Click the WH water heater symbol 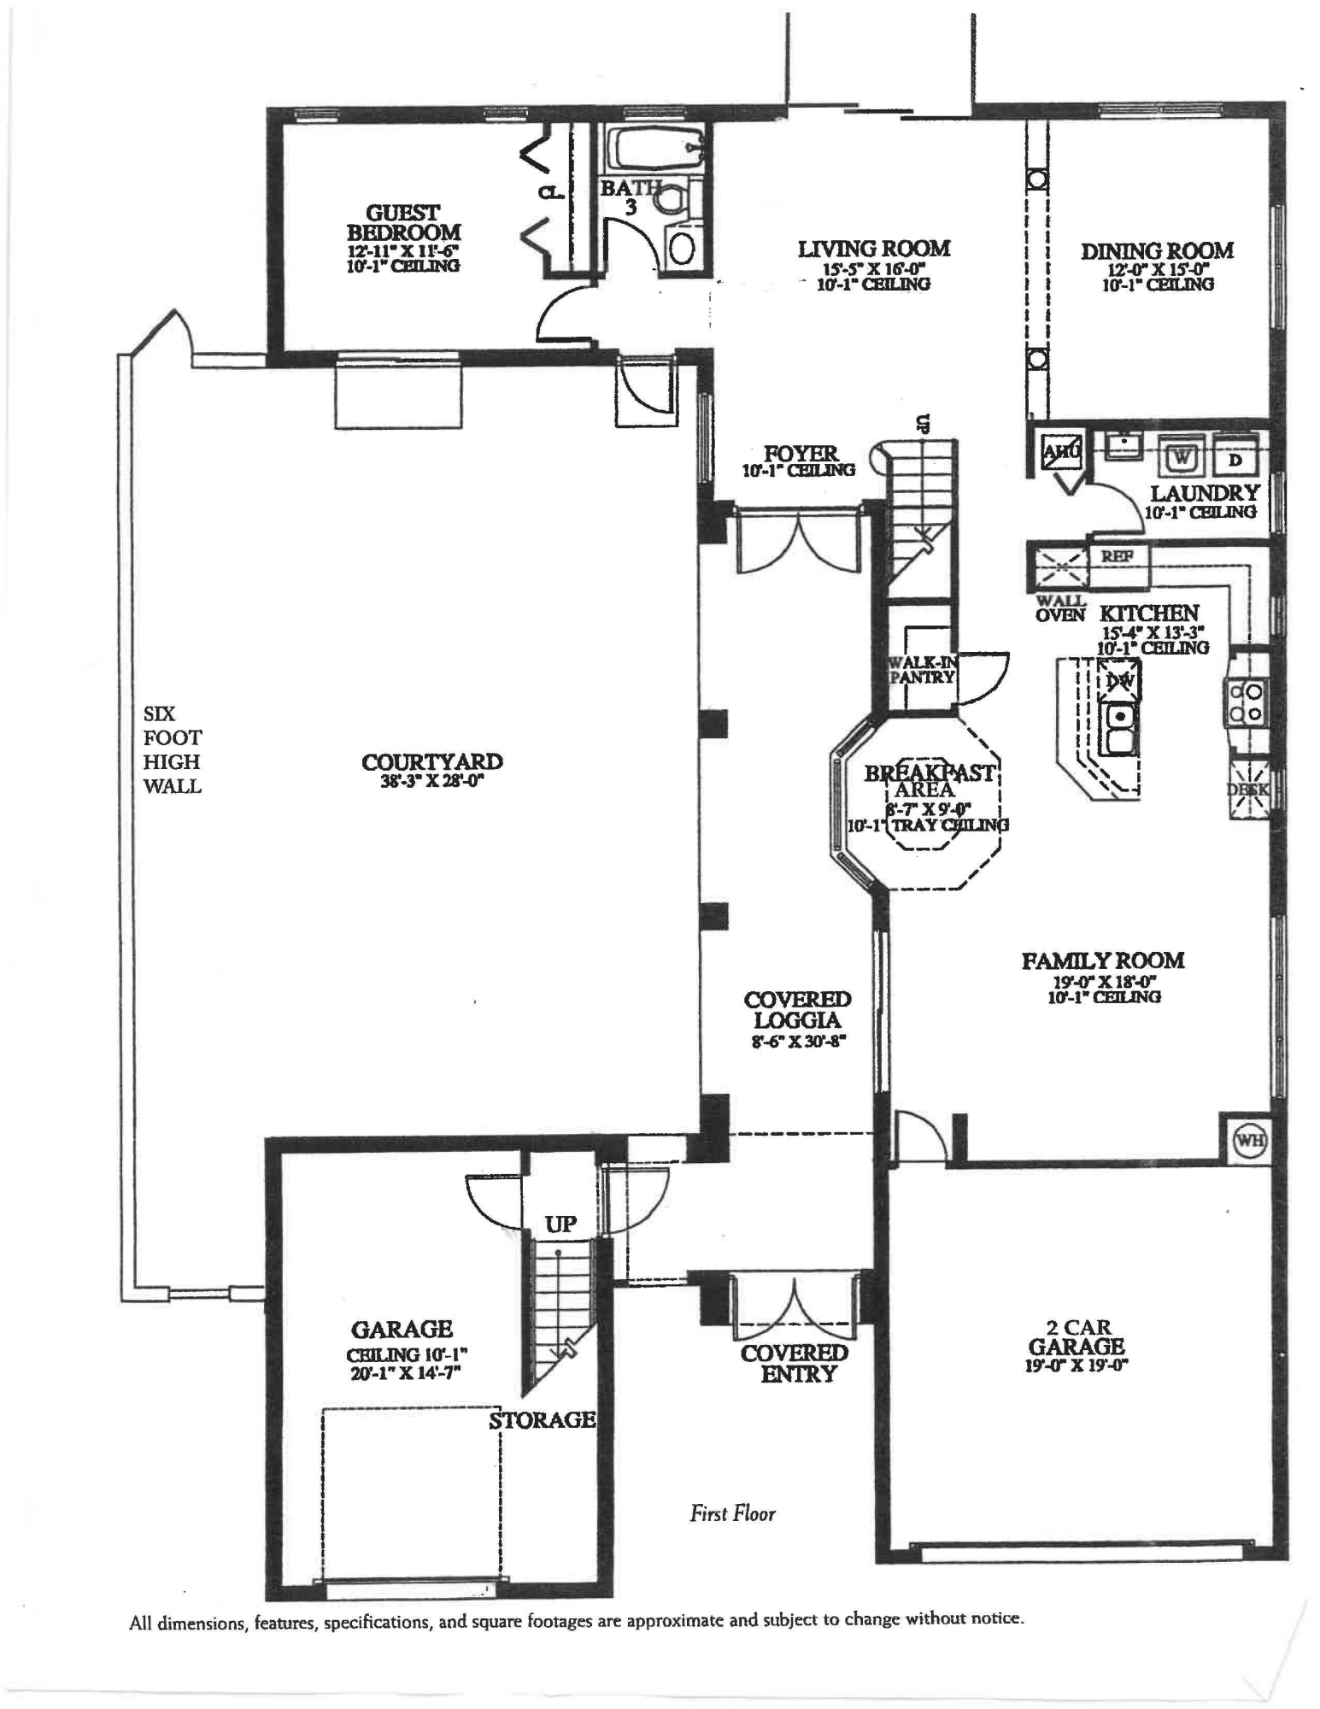pos(1250,1140)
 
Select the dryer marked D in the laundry pos(1235,460)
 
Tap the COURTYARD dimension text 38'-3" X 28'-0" pos(432,780)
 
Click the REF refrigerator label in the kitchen pos(1117,556)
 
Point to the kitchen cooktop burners pos(1245,701)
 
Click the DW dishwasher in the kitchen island pos(1119,681)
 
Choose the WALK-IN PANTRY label pos(921,670)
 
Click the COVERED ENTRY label pos(795,1364)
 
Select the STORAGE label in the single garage pos(542,1420)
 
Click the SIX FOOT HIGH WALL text pos(172,749)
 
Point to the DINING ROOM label pos(1157,251)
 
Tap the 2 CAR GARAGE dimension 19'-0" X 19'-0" pos(1077,1365)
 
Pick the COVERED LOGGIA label pos(797,1009)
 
